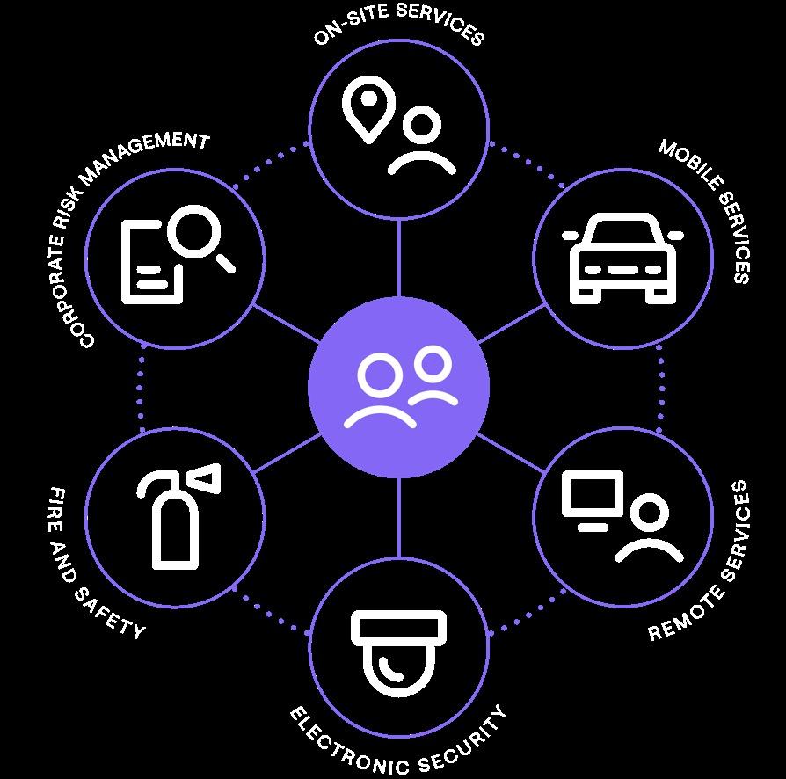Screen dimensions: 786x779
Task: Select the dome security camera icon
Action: coord(399,652)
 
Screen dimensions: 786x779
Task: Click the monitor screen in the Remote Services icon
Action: coord(593,499)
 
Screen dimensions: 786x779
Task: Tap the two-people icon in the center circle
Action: coord(400,387)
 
